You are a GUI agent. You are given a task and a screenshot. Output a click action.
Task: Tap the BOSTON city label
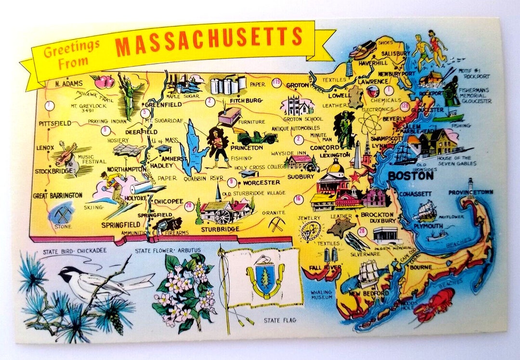(x=410, y=176)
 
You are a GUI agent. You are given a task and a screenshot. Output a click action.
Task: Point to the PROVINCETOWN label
(x=470, y=192)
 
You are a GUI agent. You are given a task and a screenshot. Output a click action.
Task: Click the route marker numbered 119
(x=276, y=82)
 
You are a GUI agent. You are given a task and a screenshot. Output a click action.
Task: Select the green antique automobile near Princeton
(x=258, y=137)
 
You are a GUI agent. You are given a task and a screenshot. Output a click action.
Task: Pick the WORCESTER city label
(x=261, y=183)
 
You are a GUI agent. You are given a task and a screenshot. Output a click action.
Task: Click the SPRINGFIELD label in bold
(x=120, y=225)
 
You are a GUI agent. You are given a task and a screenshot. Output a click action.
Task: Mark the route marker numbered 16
(x=298, y=199)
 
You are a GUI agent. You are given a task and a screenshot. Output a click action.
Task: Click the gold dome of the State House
(x=336, y=168)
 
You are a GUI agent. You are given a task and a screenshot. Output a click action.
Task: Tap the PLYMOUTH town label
(x=428, y=226)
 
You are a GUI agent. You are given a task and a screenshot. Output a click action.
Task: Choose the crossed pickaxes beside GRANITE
(x=276, y=224)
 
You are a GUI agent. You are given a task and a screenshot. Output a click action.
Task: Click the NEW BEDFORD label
(x=369, y=293)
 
